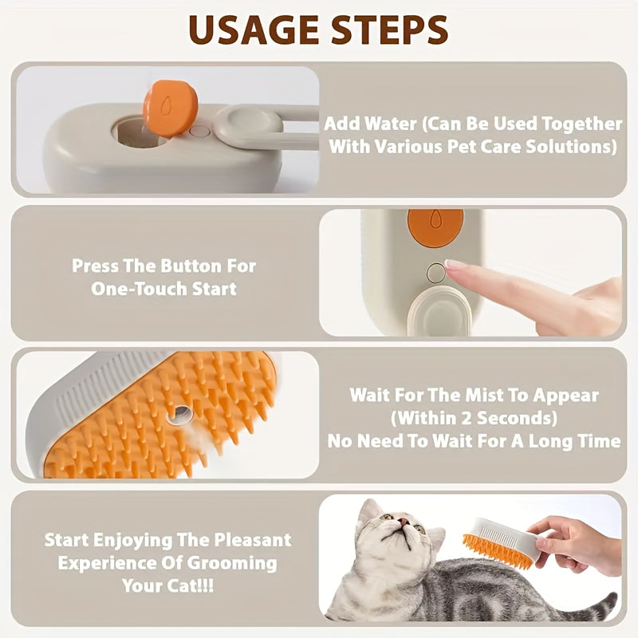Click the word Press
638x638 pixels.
coord(95,266)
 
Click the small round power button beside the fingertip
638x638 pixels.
coord(435,274)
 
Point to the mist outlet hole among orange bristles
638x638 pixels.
coord(182,413)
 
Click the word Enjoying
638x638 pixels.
coord(134,540)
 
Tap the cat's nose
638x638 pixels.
coord(404,527)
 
